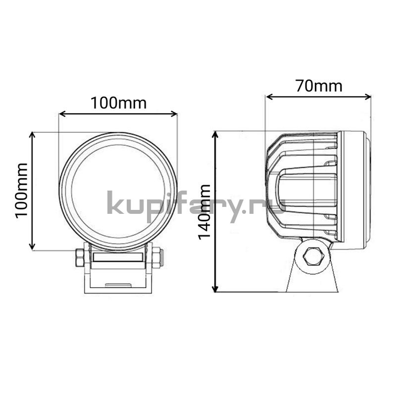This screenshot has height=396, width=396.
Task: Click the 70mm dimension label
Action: point(319,86)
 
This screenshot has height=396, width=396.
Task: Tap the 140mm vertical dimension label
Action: point(204,212)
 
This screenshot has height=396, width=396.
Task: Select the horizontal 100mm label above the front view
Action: point(118,103)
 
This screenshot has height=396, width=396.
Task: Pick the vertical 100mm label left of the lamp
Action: point(21,191)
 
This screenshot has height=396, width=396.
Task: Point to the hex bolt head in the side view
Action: point(314,256)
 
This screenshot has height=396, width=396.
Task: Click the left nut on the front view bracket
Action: point(80,257)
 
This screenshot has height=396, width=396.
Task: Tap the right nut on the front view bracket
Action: point(157,257)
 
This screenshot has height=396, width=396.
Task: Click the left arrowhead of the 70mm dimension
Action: point(270,97)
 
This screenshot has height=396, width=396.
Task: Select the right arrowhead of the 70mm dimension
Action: point(367,97)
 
